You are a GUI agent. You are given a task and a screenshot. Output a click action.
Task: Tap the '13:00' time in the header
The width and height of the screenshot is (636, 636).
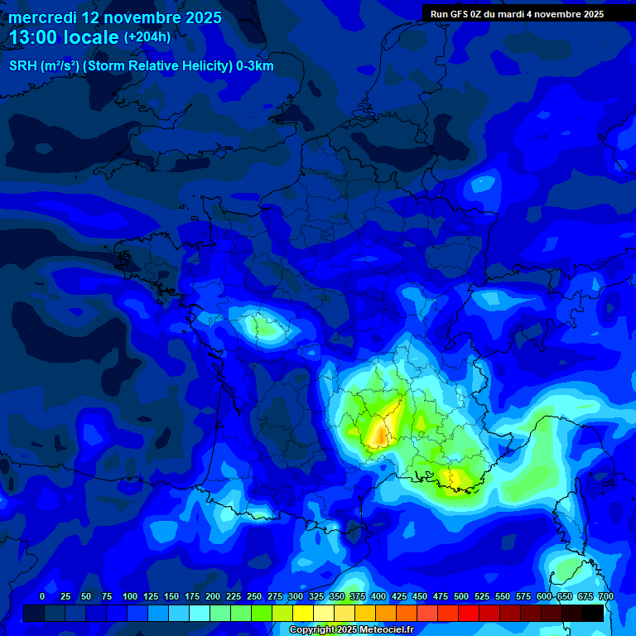pyautogui.click(x=34, y=37)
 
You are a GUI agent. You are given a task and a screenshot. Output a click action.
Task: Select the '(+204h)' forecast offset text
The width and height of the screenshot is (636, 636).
pyautogui.click(x=147, y=37)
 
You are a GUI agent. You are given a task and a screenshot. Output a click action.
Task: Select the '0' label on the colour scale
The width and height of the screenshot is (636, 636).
pyautogui.click(x=42, y=596)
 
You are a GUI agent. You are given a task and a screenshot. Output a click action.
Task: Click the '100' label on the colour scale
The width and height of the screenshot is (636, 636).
pyautogui.click(x=130, y=596)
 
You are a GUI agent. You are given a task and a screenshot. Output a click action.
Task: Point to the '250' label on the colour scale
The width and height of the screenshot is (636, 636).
pyautogui.click(x=254, y=596)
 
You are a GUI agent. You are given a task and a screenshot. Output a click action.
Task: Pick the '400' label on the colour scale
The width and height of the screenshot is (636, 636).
pyautogui.click(x=378, y=596)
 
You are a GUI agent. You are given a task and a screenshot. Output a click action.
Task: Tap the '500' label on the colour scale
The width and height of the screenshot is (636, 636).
pyautogui.click(x=461, y=596)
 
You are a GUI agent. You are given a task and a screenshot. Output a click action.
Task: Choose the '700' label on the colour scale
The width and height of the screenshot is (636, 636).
pyautogui.click(x=606, y=596)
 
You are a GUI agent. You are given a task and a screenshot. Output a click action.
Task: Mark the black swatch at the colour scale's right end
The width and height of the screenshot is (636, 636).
pyautogui.click(x=592, y=613)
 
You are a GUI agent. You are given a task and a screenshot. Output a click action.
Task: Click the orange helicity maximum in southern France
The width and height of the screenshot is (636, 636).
pyautogui.click(x=380, y=431)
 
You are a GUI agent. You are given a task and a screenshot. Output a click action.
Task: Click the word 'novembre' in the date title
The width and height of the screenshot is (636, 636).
pyautogui.click(x=141, y=17)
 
